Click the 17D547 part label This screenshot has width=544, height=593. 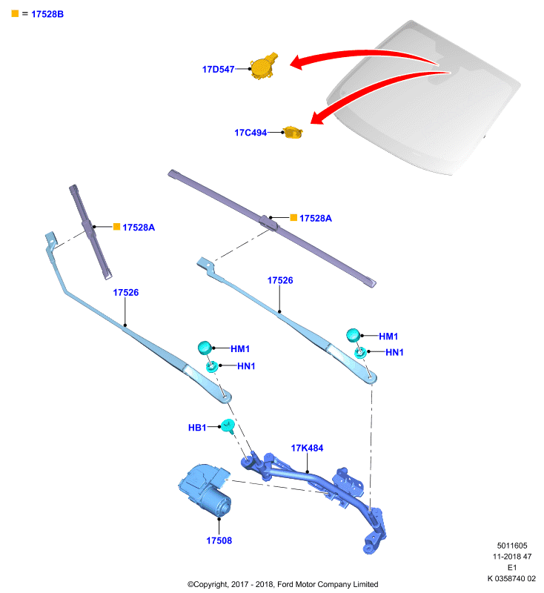pyautogui.click(x=218, y=69)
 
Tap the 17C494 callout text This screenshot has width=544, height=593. pyautogui.click(x=251, y=133)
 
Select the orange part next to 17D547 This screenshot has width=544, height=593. pyautogui.click(x=264, y=66)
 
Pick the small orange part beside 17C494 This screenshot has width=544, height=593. pyautogui.click(x=293, y=133)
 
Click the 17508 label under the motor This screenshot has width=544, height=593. pyautogui.click(x=219, y=540)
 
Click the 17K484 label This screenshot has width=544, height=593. pyautogui.click(x=307, y=448)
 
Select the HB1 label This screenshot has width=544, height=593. pyautogui.click(x=197, y=428)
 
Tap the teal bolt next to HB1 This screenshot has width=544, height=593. pyautogui.click(x=228, y=426)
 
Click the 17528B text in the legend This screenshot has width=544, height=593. pyautogui.click(x=47, y=14)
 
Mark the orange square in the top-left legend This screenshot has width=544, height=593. pyautogui.click(x=15, y=13)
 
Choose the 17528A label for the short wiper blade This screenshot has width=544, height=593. pyautogui.click(x=139, y=228)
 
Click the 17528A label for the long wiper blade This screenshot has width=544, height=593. pyautogui.click(x=315, y=218)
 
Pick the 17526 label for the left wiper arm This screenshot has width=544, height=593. pyautogui.click(x=126, y=292)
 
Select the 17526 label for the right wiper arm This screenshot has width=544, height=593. pyautogui.click(x=280, y=280)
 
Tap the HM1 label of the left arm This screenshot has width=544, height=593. pyautogui.click(x=240, y=348)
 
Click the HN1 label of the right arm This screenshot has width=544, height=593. pyautogui.click(x=394, y=352)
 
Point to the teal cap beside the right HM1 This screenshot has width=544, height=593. pyautogui.click(x=353, y=335)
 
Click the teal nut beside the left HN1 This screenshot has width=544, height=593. pyautogui.click(x=211, y=366)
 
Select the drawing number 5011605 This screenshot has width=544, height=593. pyautogui.click(x=512, y=546)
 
